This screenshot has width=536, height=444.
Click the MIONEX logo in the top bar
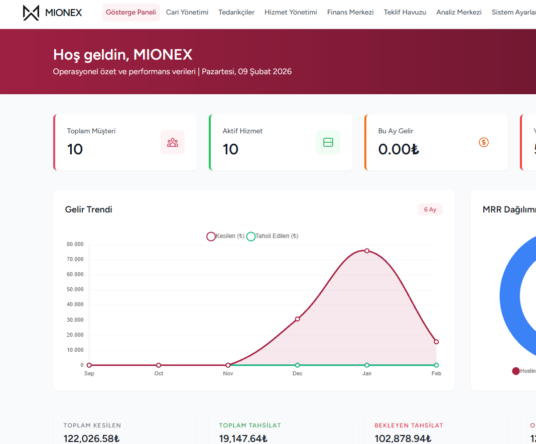[x=53, y=13]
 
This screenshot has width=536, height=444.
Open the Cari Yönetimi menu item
[x=187, y=12]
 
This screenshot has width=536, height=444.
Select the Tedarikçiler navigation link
[x=236, y=12]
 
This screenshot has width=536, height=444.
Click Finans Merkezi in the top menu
[x=350, y=12]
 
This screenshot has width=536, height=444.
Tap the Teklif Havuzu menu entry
[x=405, y=12]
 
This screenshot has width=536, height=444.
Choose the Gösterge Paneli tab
[x=131, y=12]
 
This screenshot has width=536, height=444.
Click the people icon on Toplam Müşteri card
[x=173, y=142]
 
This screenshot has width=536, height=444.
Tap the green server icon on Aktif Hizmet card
[x=328, y=142]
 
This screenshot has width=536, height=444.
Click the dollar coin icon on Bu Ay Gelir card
[x=484, y=142]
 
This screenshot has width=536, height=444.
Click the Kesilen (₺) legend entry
[x=225, y=236]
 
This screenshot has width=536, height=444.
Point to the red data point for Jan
[x=367, y=251]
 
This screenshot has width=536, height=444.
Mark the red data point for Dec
[x=298, y=319]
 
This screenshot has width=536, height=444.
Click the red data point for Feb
[x=436, y=342]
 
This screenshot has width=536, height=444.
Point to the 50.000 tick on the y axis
[x=75, y=290]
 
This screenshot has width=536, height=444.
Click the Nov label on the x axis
[x=228, y=373]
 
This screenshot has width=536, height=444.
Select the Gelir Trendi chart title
[x=89, y=209]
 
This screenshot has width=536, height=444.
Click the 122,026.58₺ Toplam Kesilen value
[x=91, y=438]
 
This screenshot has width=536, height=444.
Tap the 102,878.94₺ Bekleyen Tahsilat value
[x=403, y=438]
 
